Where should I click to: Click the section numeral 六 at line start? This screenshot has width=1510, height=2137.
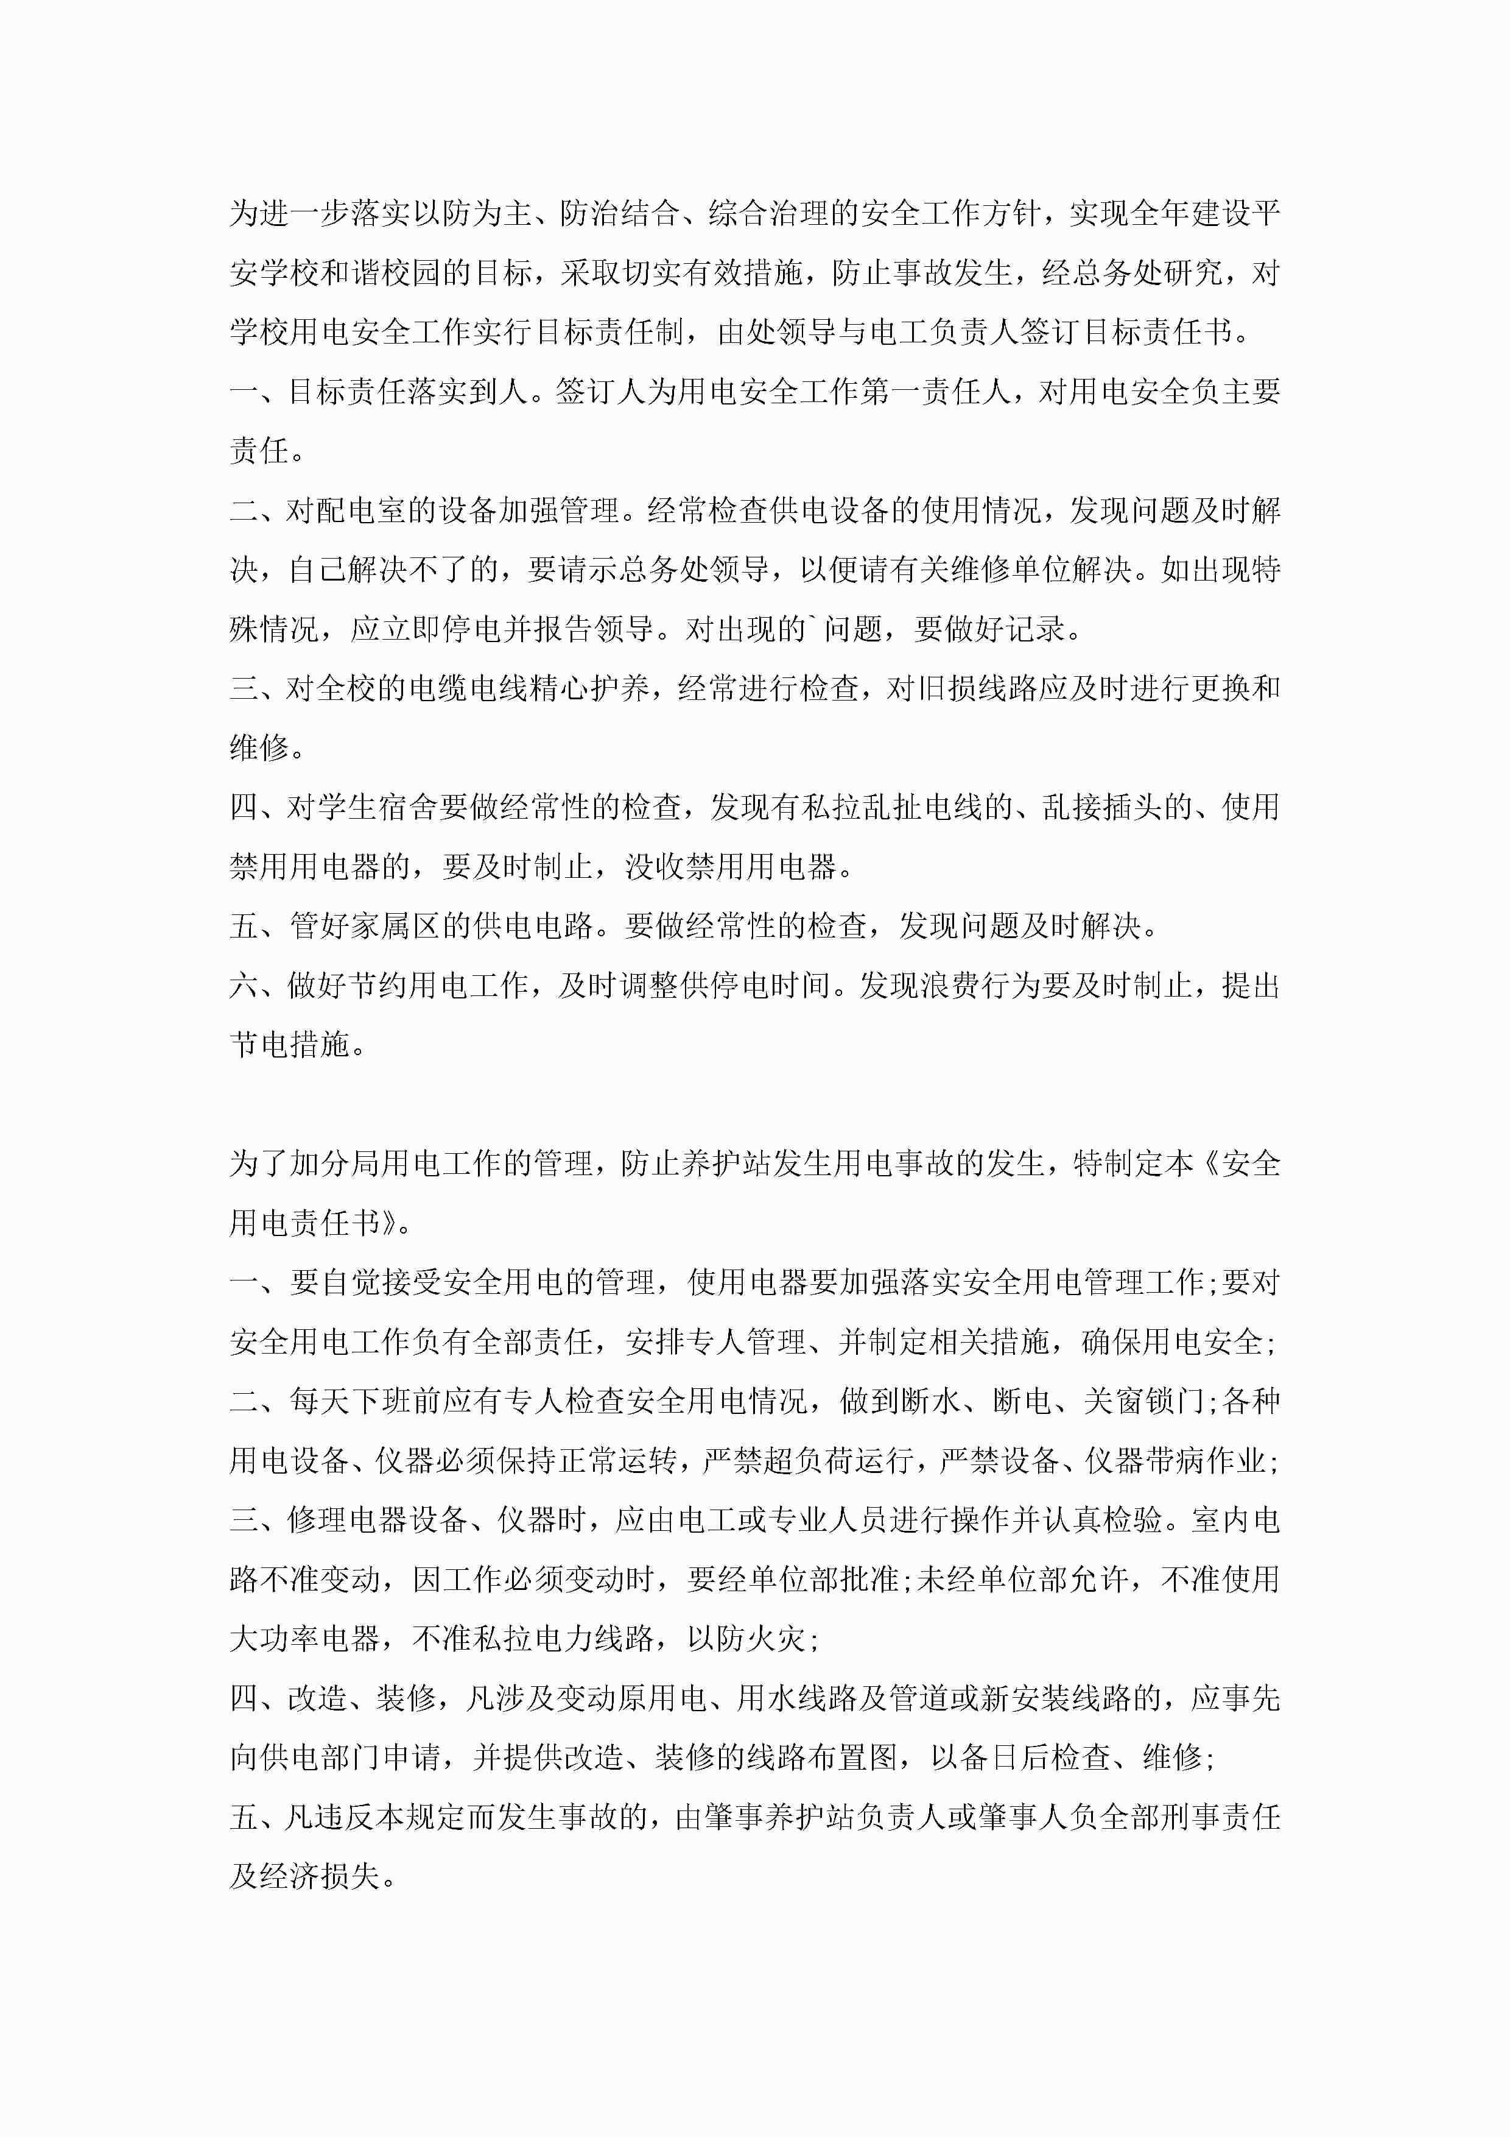coord(244,986)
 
